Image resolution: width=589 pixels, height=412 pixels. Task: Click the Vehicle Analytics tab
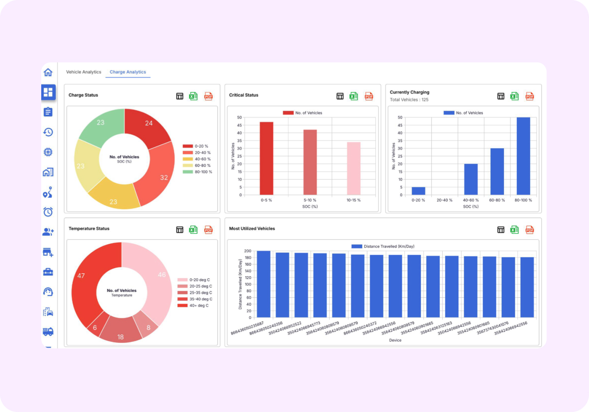coord(83,72)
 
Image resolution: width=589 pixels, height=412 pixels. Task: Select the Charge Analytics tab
coord(128,72)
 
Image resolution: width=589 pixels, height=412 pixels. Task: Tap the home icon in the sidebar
coord(48,72)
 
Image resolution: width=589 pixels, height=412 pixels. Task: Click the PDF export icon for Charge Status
coord(209,96)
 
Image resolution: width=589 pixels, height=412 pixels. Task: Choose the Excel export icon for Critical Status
coord(354,96)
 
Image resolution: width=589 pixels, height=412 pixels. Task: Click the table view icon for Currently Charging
coord(501,96)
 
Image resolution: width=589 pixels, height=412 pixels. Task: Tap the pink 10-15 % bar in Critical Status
coord(353,169)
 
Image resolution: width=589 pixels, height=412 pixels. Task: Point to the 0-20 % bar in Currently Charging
coord(418,191)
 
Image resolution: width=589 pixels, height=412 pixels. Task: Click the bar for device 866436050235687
coord(263,284)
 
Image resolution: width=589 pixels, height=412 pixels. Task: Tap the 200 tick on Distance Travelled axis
coord(248,251)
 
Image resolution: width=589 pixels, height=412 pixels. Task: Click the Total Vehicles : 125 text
coord(409,100)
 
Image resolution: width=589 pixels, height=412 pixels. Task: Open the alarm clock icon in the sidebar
coord(48,212)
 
